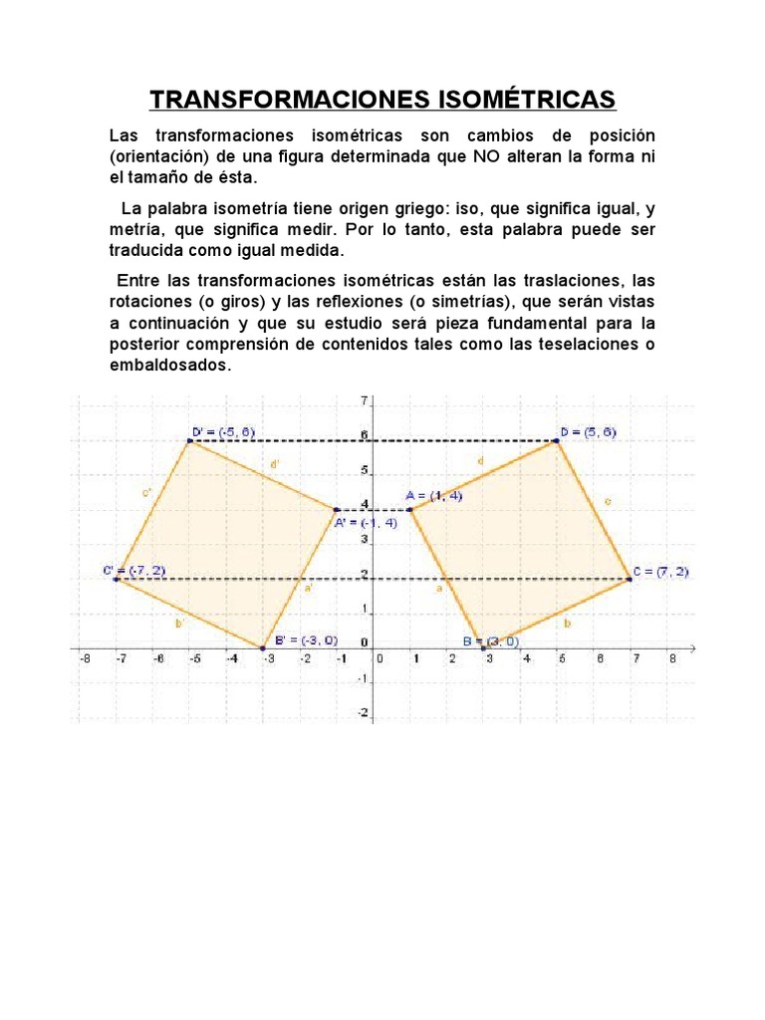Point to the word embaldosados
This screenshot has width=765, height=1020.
tap(169, 365)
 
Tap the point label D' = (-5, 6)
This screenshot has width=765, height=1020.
tap(224, 431)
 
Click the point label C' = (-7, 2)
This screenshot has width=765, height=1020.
tap(133, 571)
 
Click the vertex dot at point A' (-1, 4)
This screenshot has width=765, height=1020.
tap(336, 509)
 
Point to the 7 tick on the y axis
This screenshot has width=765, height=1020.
tap(365, 400)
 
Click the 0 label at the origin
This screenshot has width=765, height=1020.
tap(379, 658)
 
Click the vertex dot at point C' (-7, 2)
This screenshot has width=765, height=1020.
tap(117, 579)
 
